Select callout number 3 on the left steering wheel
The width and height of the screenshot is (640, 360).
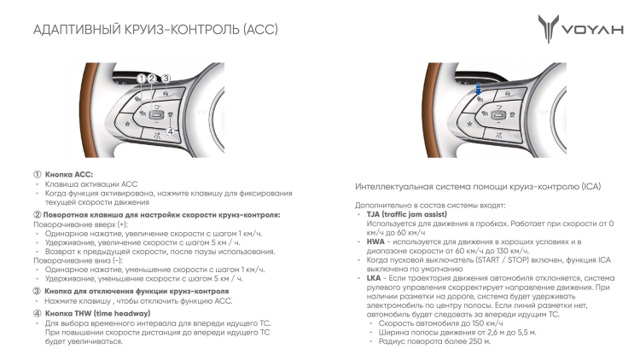(x=166, y=78)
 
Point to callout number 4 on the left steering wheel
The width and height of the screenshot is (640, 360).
(x=171, y=131)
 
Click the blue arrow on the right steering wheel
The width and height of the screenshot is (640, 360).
(x=479, y=89)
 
